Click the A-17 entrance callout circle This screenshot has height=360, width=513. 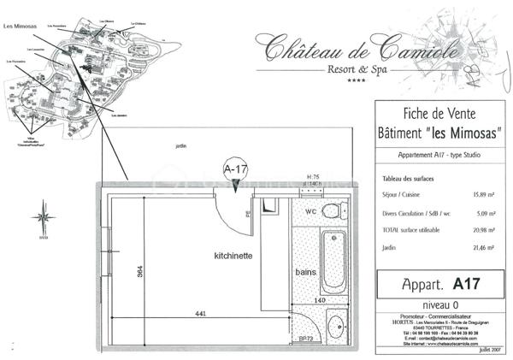coord(235,169)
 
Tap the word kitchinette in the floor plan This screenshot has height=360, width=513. coord(233,256)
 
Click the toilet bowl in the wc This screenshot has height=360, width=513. coord(337,208)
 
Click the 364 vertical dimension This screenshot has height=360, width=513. coord(139,275)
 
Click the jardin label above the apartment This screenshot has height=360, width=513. coord(180,146)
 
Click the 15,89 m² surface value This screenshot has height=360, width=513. coord(484,194)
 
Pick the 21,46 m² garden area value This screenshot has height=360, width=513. coord(484,246)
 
